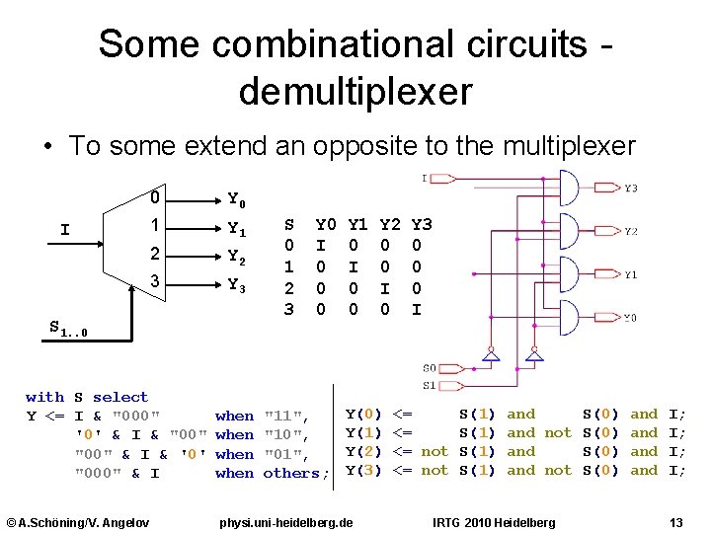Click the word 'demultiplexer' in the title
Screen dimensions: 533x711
click(x=355, y=92)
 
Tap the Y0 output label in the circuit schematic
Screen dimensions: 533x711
click(x=630, y=318)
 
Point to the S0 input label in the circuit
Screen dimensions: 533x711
click(x=429, y=368)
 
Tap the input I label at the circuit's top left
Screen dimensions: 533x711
click(x=425, y=179)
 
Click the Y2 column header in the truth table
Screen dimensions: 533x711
click(x=390, y=224)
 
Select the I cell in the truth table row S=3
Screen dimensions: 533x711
click(x=417, y=310)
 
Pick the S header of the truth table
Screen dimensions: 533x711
click(x=288, y=224)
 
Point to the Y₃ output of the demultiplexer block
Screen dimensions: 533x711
click(x=237, y=286)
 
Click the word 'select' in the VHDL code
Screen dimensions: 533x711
click(x=119, y=397)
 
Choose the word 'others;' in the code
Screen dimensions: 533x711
click(x=295, y=473)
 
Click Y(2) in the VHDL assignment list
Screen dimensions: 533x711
click(x=364, y=452)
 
